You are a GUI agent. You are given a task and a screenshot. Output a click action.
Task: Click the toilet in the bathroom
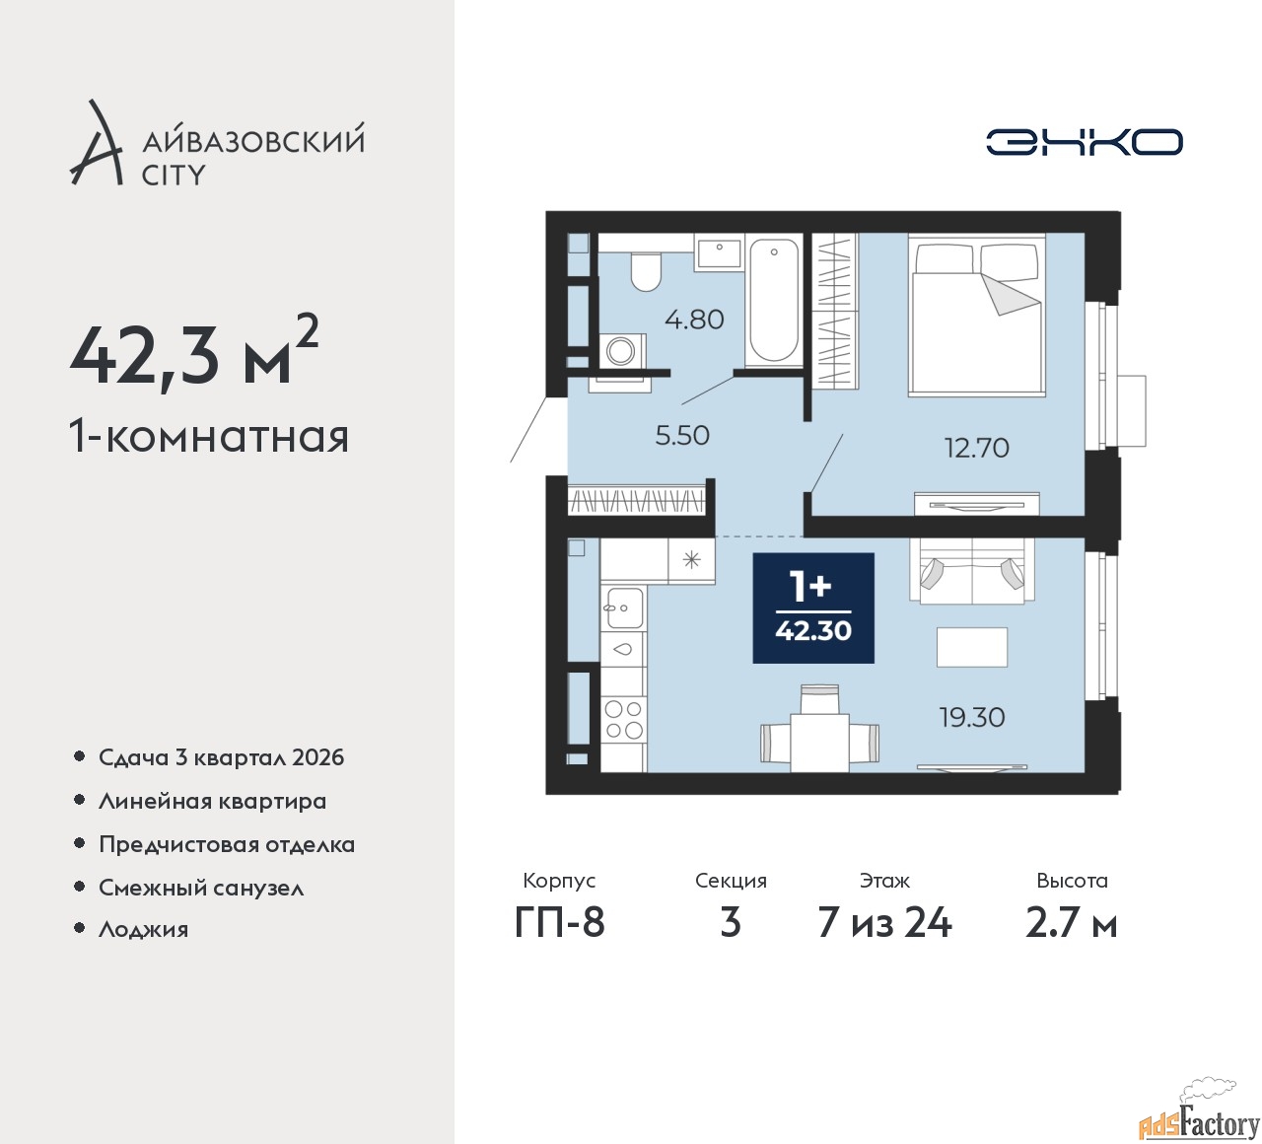tap(646, 272)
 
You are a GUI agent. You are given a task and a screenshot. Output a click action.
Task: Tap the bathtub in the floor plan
tap(774, 302)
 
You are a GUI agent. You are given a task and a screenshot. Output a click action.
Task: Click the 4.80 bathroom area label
tap(694, 320)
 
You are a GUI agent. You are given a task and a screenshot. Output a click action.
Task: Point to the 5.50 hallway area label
tap(682, 436)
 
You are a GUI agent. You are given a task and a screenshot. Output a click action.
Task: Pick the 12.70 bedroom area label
tap(977, 448)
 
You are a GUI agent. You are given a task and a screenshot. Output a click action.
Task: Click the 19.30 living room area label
tap(972, 717)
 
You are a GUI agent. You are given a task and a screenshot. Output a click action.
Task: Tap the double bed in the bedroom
tap(976, 316)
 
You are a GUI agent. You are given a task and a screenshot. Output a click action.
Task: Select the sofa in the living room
tap(972, 571)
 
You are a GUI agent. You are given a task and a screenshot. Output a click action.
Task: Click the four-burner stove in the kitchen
tap(623, 720)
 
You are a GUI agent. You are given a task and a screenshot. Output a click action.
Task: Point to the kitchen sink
tap(623, 608)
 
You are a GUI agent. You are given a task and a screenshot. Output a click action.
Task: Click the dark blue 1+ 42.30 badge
tap(813, 608)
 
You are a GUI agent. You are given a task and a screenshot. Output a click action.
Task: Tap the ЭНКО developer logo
tap(1084, 142)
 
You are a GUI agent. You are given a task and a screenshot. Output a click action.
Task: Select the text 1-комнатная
tap(209, 438)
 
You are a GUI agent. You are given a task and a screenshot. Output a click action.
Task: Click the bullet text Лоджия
tap(143, 929)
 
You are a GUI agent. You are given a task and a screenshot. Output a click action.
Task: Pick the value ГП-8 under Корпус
tap(559, 923)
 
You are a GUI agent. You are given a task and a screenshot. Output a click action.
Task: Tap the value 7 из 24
tap(884, 923)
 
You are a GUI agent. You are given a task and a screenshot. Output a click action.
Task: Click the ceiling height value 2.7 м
tap(1072, 923)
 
